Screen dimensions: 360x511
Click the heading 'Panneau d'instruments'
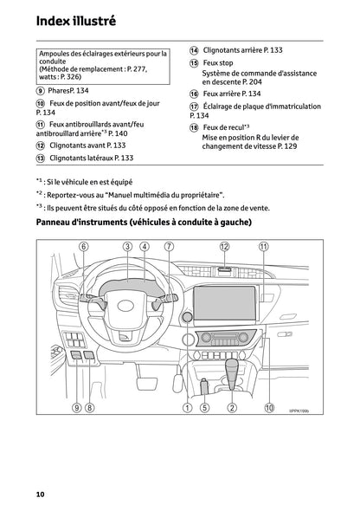145,224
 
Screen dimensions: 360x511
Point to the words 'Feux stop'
220,63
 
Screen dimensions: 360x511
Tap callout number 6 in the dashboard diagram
84,247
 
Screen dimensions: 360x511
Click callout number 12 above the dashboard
224,247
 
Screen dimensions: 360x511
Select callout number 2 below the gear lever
232,407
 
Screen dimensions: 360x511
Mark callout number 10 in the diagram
269,407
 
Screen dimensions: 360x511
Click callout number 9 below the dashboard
76,407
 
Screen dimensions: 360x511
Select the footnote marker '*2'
41,195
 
